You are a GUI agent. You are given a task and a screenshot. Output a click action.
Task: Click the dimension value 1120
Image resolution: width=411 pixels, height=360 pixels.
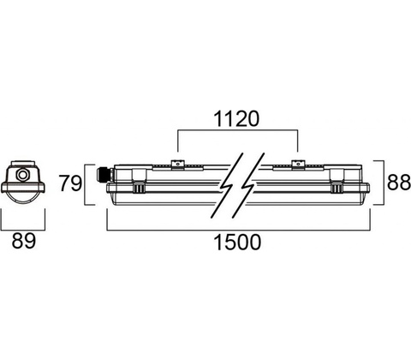click(x=236, y=119)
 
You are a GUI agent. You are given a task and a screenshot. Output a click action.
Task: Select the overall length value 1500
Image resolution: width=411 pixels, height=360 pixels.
click(x=237, y=243)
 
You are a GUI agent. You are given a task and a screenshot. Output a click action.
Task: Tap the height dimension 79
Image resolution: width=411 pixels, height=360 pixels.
click(x=70, y=183)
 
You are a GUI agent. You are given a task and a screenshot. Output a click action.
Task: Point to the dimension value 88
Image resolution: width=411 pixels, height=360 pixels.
click(x=398, y=183)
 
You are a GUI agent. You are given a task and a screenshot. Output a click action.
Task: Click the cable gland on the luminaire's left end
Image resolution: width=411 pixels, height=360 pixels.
click(x=104, y=174)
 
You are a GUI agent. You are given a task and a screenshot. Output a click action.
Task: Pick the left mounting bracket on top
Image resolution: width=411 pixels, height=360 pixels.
click(x=177, y=165)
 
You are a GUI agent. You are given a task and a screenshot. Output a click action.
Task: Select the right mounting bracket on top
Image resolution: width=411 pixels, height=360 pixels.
click(x=297, y=165)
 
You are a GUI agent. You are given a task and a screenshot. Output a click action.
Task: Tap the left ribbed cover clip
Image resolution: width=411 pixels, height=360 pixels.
click(x=139, y=187)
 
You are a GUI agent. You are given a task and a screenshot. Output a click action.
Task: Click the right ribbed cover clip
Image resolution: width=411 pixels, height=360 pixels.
click(x=337, y=187)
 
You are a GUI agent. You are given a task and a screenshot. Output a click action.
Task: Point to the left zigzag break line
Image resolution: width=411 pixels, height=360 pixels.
click(x=228, y=185)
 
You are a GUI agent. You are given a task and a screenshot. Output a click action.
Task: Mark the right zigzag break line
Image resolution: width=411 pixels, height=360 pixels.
click(x=247, y=185)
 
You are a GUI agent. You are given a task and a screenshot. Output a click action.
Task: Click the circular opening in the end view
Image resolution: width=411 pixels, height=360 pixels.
click(x=22, y=174)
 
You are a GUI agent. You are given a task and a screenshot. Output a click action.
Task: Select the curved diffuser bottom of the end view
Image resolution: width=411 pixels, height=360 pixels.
click(x=23, y=200)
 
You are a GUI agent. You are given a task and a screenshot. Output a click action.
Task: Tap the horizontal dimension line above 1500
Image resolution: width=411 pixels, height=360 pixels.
click(x=239, y=230)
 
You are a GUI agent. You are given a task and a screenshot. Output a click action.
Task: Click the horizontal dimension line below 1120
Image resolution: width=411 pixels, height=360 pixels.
click(x=238, y=130)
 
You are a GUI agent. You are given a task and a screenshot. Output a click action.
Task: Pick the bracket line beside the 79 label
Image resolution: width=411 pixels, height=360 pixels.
click(x=86, y=184)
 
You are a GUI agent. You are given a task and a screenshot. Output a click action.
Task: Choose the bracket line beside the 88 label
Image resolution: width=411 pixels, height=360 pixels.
click(x=383, y=183)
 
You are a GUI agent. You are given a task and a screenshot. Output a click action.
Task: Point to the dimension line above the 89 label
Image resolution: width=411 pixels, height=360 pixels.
click(x=23, y=230)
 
